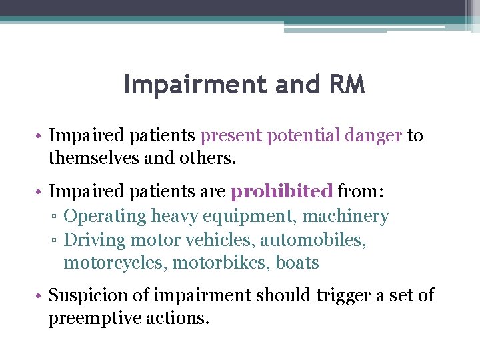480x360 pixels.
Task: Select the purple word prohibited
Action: (x=281, y=193)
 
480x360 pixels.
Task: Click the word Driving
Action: (x=95, y=239)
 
